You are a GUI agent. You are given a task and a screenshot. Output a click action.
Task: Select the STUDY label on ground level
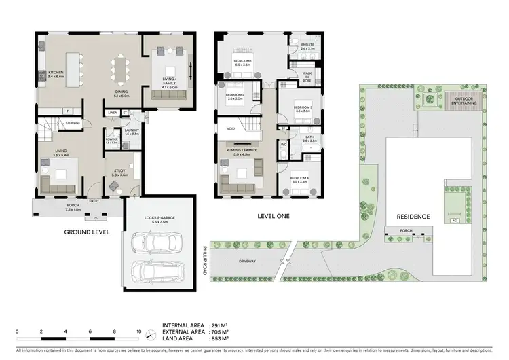tap(117, 173)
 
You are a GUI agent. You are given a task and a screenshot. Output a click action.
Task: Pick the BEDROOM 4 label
tap(300, 180)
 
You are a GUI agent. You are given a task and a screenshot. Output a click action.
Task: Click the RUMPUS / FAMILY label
tap(242, 151)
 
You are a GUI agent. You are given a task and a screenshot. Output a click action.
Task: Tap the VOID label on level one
tap(231, 127)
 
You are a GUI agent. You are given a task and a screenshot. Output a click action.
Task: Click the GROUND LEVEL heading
tap(87, 232)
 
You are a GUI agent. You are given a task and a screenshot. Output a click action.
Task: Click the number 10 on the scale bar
tap(139, 332)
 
